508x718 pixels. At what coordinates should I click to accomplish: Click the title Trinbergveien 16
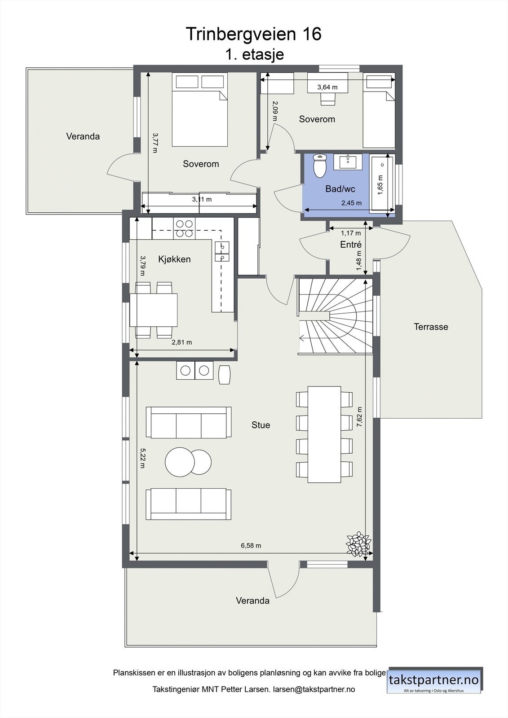coord(253,34)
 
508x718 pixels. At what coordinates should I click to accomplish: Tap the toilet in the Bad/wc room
coord(320,166)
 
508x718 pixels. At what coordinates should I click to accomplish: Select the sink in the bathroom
coord(348,162)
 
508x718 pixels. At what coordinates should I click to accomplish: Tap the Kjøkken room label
coord(174,259)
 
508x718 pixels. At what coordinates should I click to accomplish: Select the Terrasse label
coord(431,327)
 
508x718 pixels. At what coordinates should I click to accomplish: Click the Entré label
coord(351,245)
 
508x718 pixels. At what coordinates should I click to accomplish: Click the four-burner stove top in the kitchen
coord(184,228)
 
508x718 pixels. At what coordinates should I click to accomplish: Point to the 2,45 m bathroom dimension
coord(352,203)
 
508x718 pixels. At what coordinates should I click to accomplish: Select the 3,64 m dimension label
coord(327,87)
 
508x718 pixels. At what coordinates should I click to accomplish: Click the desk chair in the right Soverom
coord(327,99)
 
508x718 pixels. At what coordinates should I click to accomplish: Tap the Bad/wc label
coord(340,189)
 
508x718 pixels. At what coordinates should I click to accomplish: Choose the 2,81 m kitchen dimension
coord(181,342)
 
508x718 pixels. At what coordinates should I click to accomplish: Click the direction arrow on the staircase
coord(302,338)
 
